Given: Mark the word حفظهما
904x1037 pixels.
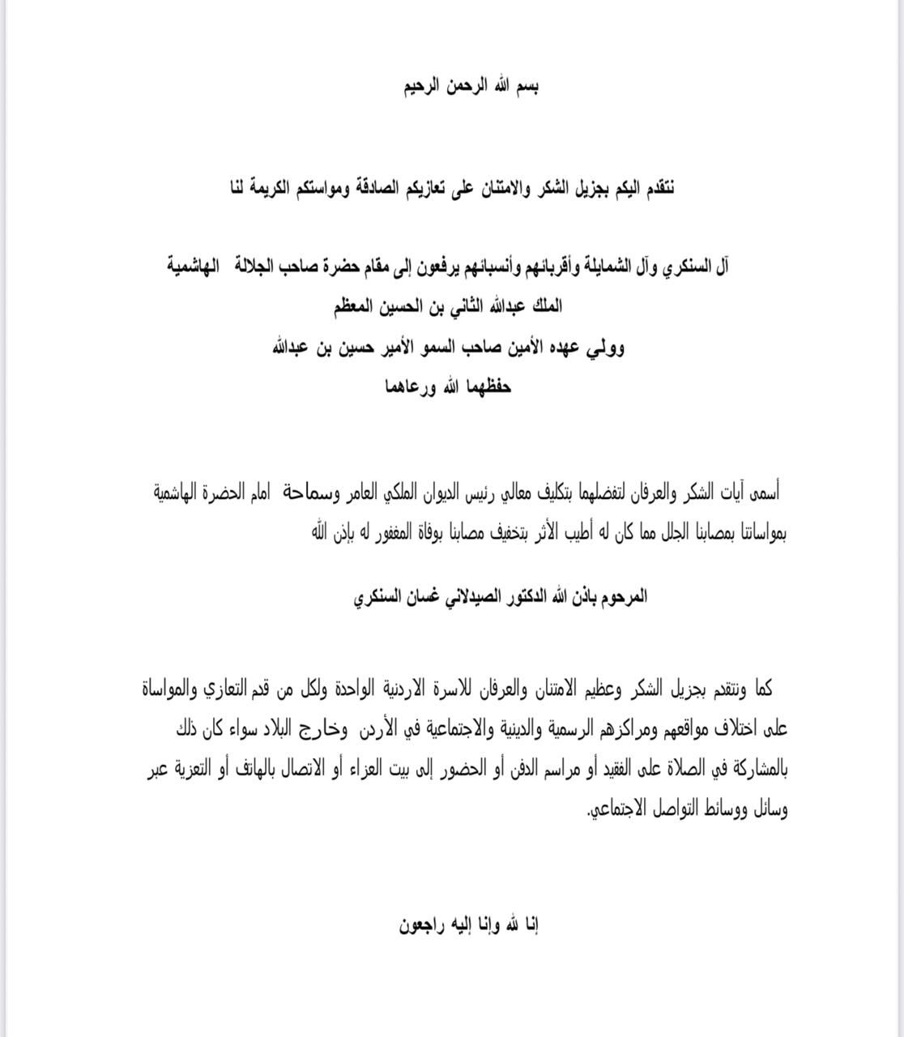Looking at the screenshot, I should pos(489,386).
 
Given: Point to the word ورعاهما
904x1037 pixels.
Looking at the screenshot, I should pos(414,386).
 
